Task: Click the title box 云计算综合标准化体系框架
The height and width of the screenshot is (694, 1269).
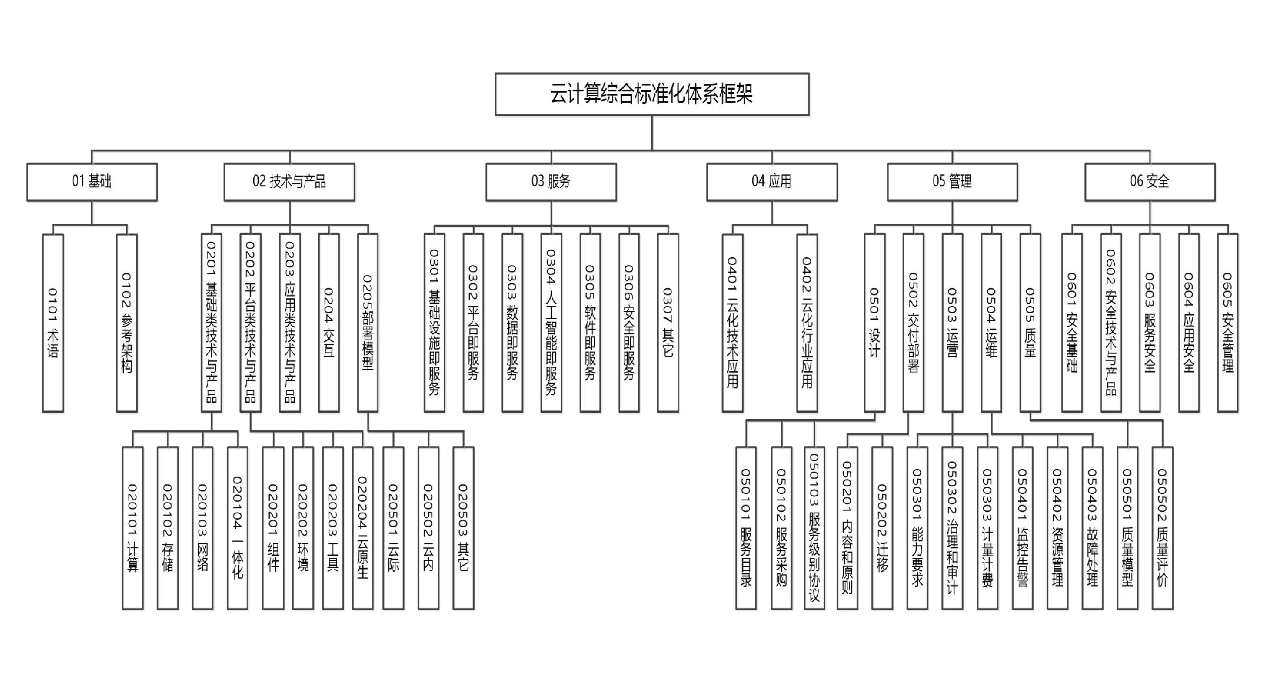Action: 652,94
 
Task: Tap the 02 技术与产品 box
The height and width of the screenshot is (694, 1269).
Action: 289,181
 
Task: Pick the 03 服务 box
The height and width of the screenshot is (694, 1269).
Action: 551,181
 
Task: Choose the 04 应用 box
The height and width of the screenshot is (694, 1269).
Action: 772,181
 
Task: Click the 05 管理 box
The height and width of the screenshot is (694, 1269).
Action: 952,181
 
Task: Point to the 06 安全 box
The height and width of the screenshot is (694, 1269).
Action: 1149,181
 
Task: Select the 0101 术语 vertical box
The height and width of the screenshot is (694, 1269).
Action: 53,323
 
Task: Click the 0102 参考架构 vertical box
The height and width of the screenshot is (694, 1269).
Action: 127,323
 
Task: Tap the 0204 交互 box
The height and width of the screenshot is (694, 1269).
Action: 329,323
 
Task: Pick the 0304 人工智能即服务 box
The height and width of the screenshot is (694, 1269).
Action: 551,323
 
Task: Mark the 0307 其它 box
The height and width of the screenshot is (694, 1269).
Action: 668,323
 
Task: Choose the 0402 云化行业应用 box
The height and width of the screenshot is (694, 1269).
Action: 807,323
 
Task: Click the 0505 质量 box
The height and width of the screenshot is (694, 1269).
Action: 1030,323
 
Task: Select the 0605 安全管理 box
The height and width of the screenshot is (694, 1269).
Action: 1227,323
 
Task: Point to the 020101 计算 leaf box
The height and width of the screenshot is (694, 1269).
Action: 133,528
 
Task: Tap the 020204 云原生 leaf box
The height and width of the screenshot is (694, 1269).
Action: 363,528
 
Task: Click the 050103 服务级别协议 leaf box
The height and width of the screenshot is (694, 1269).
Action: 814,528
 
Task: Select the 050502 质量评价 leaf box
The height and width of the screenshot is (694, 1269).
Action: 1162,528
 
